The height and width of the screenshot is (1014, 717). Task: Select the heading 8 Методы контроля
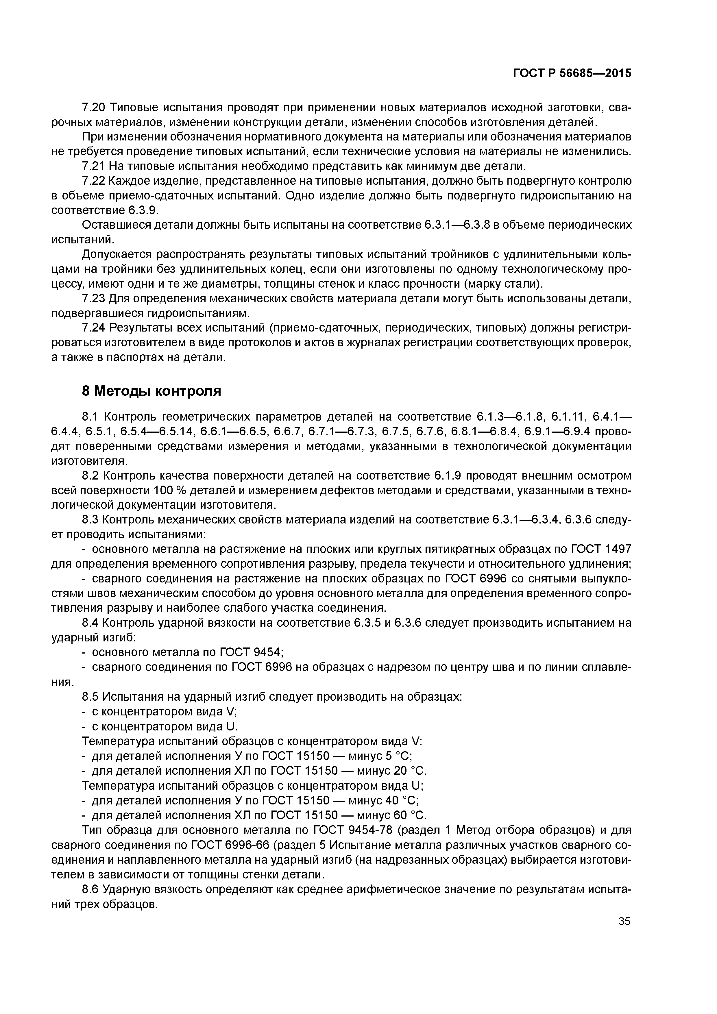[151, 391]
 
